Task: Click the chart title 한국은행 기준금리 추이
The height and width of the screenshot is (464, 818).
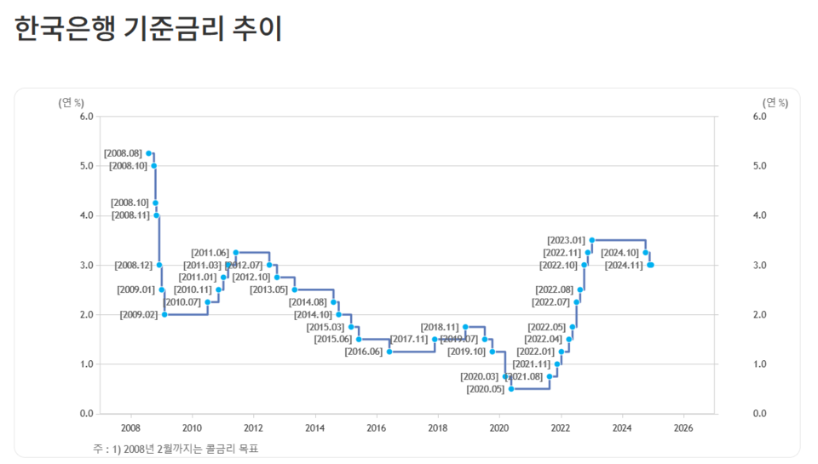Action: click(149, 28)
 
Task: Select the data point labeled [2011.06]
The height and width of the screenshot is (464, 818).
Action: click(236, 253)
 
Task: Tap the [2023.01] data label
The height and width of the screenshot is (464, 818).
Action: click(566, 240)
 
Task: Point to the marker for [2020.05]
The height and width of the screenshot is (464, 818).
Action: click(511, 389)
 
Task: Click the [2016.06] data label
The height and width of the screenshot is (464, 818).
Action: click(364, 352)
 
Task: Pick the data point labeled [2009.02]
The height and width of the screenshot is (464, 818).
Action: click(164, 314)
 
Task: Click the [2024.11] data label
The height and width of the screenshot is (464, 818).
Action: click(624, 266)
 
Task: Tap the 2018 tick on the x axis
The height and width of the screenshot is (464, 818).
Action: click(437, 427)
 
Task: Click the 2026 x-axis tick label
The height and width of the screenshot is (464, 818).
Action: click(683, 427)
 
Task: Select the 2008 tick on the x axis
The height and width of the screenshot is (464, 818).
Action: click(130, 427)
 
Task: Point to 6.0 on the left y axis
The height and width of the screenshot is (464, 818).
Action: click(86, 117)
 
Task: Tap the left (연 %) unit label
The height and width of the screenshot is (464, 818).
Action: click(71, 103)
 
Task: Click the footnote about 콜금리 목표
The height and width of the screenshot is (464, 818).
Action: click(174, 449)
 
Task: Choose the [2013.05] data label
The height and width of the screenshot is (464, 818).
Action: click(269, 290)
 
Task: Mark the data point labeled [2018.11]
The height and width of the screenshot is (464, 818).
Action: click(465, 327)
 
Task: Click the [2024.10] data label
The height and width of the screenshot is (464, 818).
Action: click(619, 253)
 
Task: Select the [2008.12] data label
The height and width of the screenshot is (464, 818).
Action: click(134, 266)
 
